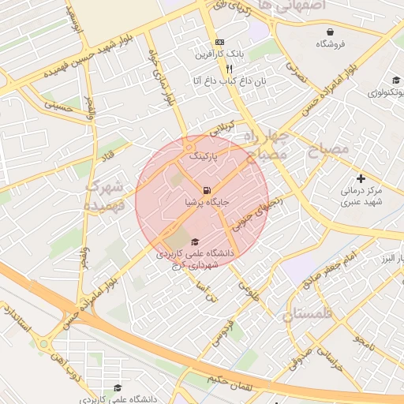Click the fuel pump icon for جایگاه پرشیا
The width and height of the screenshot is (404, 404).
207,190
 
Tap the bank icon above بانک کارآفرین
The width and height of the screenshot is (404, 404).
219,42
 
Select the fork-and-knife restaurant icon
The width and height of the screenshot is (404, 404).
229,69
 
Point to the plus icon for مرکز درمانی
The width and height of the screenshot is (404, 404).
361,179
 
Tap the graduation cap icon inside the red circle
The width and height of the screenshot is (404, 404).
195,241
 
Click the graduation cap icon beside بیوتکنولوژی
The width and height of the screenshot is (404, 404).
395,80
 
